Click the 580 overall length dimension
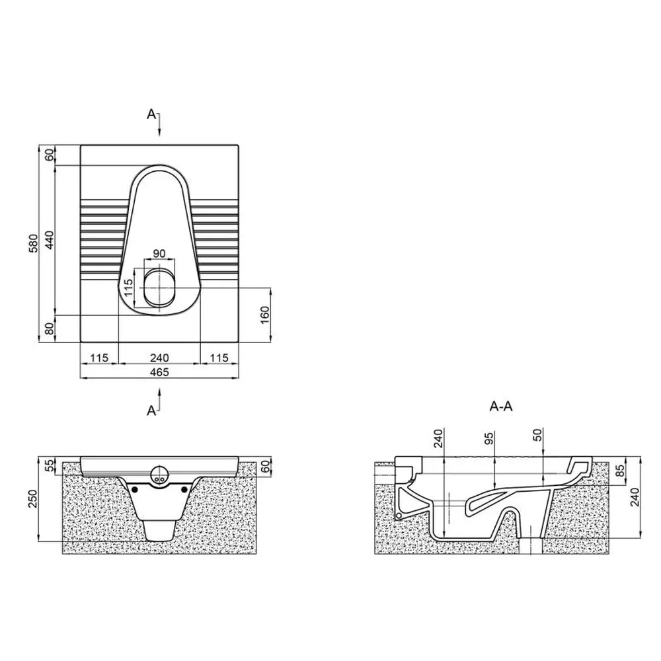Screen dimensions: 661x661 point(34,243)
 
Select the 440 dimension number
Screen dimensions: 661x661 point(50,240)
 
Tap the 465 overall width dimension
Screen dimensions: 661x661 point(159,371)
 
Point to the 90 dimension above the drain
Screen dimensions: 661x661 point(159,253)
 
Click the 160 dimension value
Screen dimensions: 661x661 point(265,315)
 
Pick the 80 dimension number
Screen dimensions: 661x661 point(50,329)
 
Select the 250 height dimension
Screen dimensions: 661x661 point(34,498)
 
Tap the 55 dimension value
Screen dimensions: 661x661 point(50,465)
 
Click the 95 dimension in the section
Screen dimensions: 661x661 point(489,438)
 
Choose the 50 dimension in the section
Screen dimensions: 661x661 point(538,435)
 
